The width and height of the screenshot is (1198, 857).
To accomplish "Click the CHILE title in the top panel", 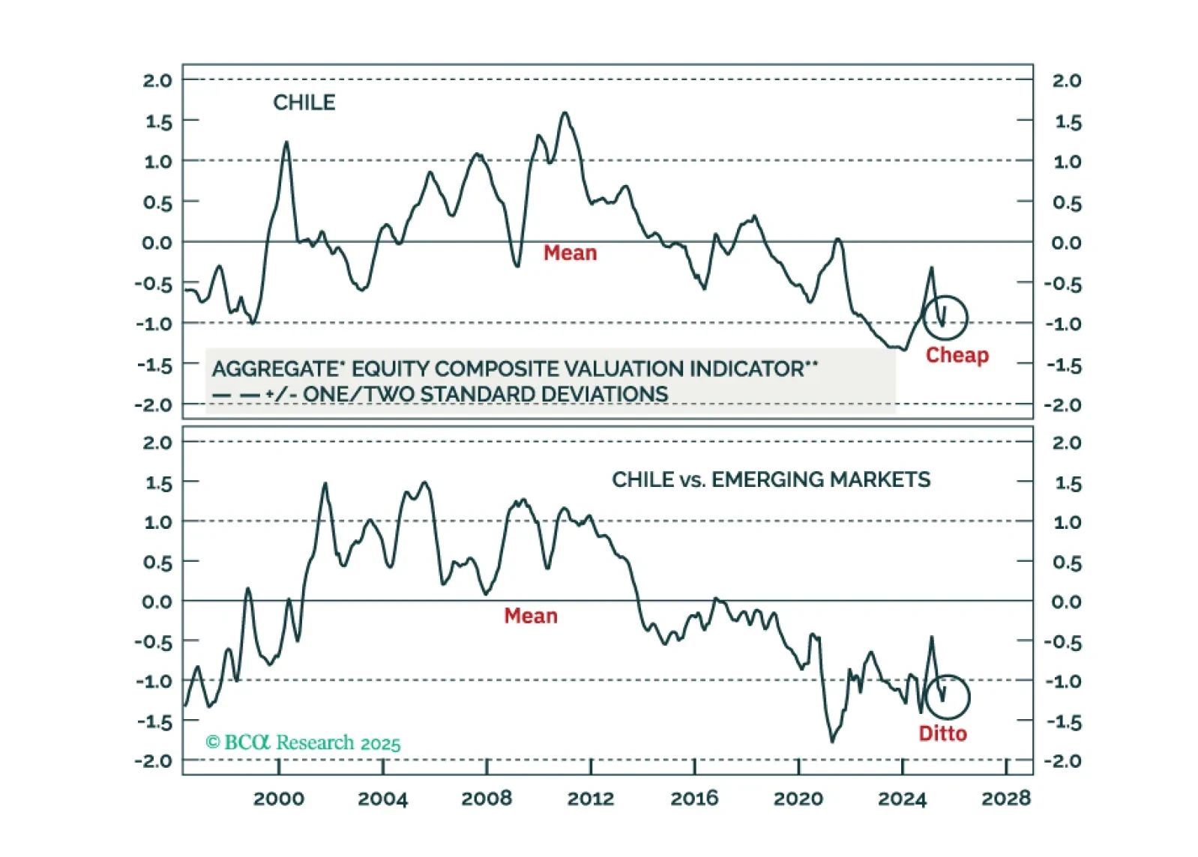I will pos(304,102).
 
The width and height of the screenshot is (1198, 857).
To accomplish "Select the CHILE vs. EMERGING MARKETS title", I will pos(771,479).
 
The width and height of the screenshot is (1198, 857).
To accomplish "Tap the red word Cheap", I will pos(957,355).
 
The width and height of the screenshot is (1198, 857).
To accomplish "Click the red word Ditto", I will pos(942,733).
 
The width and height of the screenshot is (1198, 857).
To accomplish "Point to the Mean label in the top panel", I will pos(570,253).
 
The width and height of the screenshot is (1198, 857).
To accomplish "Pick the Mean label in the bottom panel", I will pos(531,616).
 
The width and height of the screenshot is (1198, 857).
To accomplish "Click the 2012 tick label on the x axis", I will pos(590,799).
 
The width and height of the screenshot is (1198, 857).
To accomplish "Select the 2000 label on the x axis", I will pos(278,799).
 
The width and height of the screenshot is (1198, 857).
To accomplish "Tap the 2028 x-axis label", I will pos(1006,799).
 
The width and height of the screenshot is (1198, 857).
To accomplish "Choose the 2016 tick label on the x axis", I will pos(694,799).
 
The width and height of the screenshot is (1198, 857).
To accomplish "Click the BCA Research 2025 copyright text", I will pos(303,742).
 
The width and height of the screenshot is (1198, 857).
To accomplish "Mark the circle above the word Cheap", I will pos(945,318).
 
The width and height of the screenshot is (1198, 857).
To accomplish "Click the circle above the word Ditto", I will pos(947,697).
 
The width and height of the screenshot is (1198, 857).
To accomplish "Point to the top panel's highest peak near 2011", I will pos(565,113).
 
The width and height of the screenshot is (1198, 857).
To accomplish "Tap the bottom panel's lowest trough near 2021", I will pos(832,741).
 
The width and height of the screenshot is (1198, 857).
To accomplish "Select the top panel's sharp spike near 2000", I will pos(286,142).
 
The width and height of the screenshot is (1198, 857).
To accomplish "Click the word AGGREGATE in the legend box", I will pos(276,369).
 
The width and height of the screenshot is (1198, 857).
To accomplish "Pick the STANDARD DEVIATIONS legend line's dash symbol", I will pos(236,395).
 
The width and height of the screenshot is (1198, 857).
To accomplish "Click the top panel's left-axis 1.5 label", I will pos(158,121).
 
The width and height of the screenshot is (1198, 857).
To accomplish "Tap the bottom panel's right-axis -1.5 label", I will pos(1065,722).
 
